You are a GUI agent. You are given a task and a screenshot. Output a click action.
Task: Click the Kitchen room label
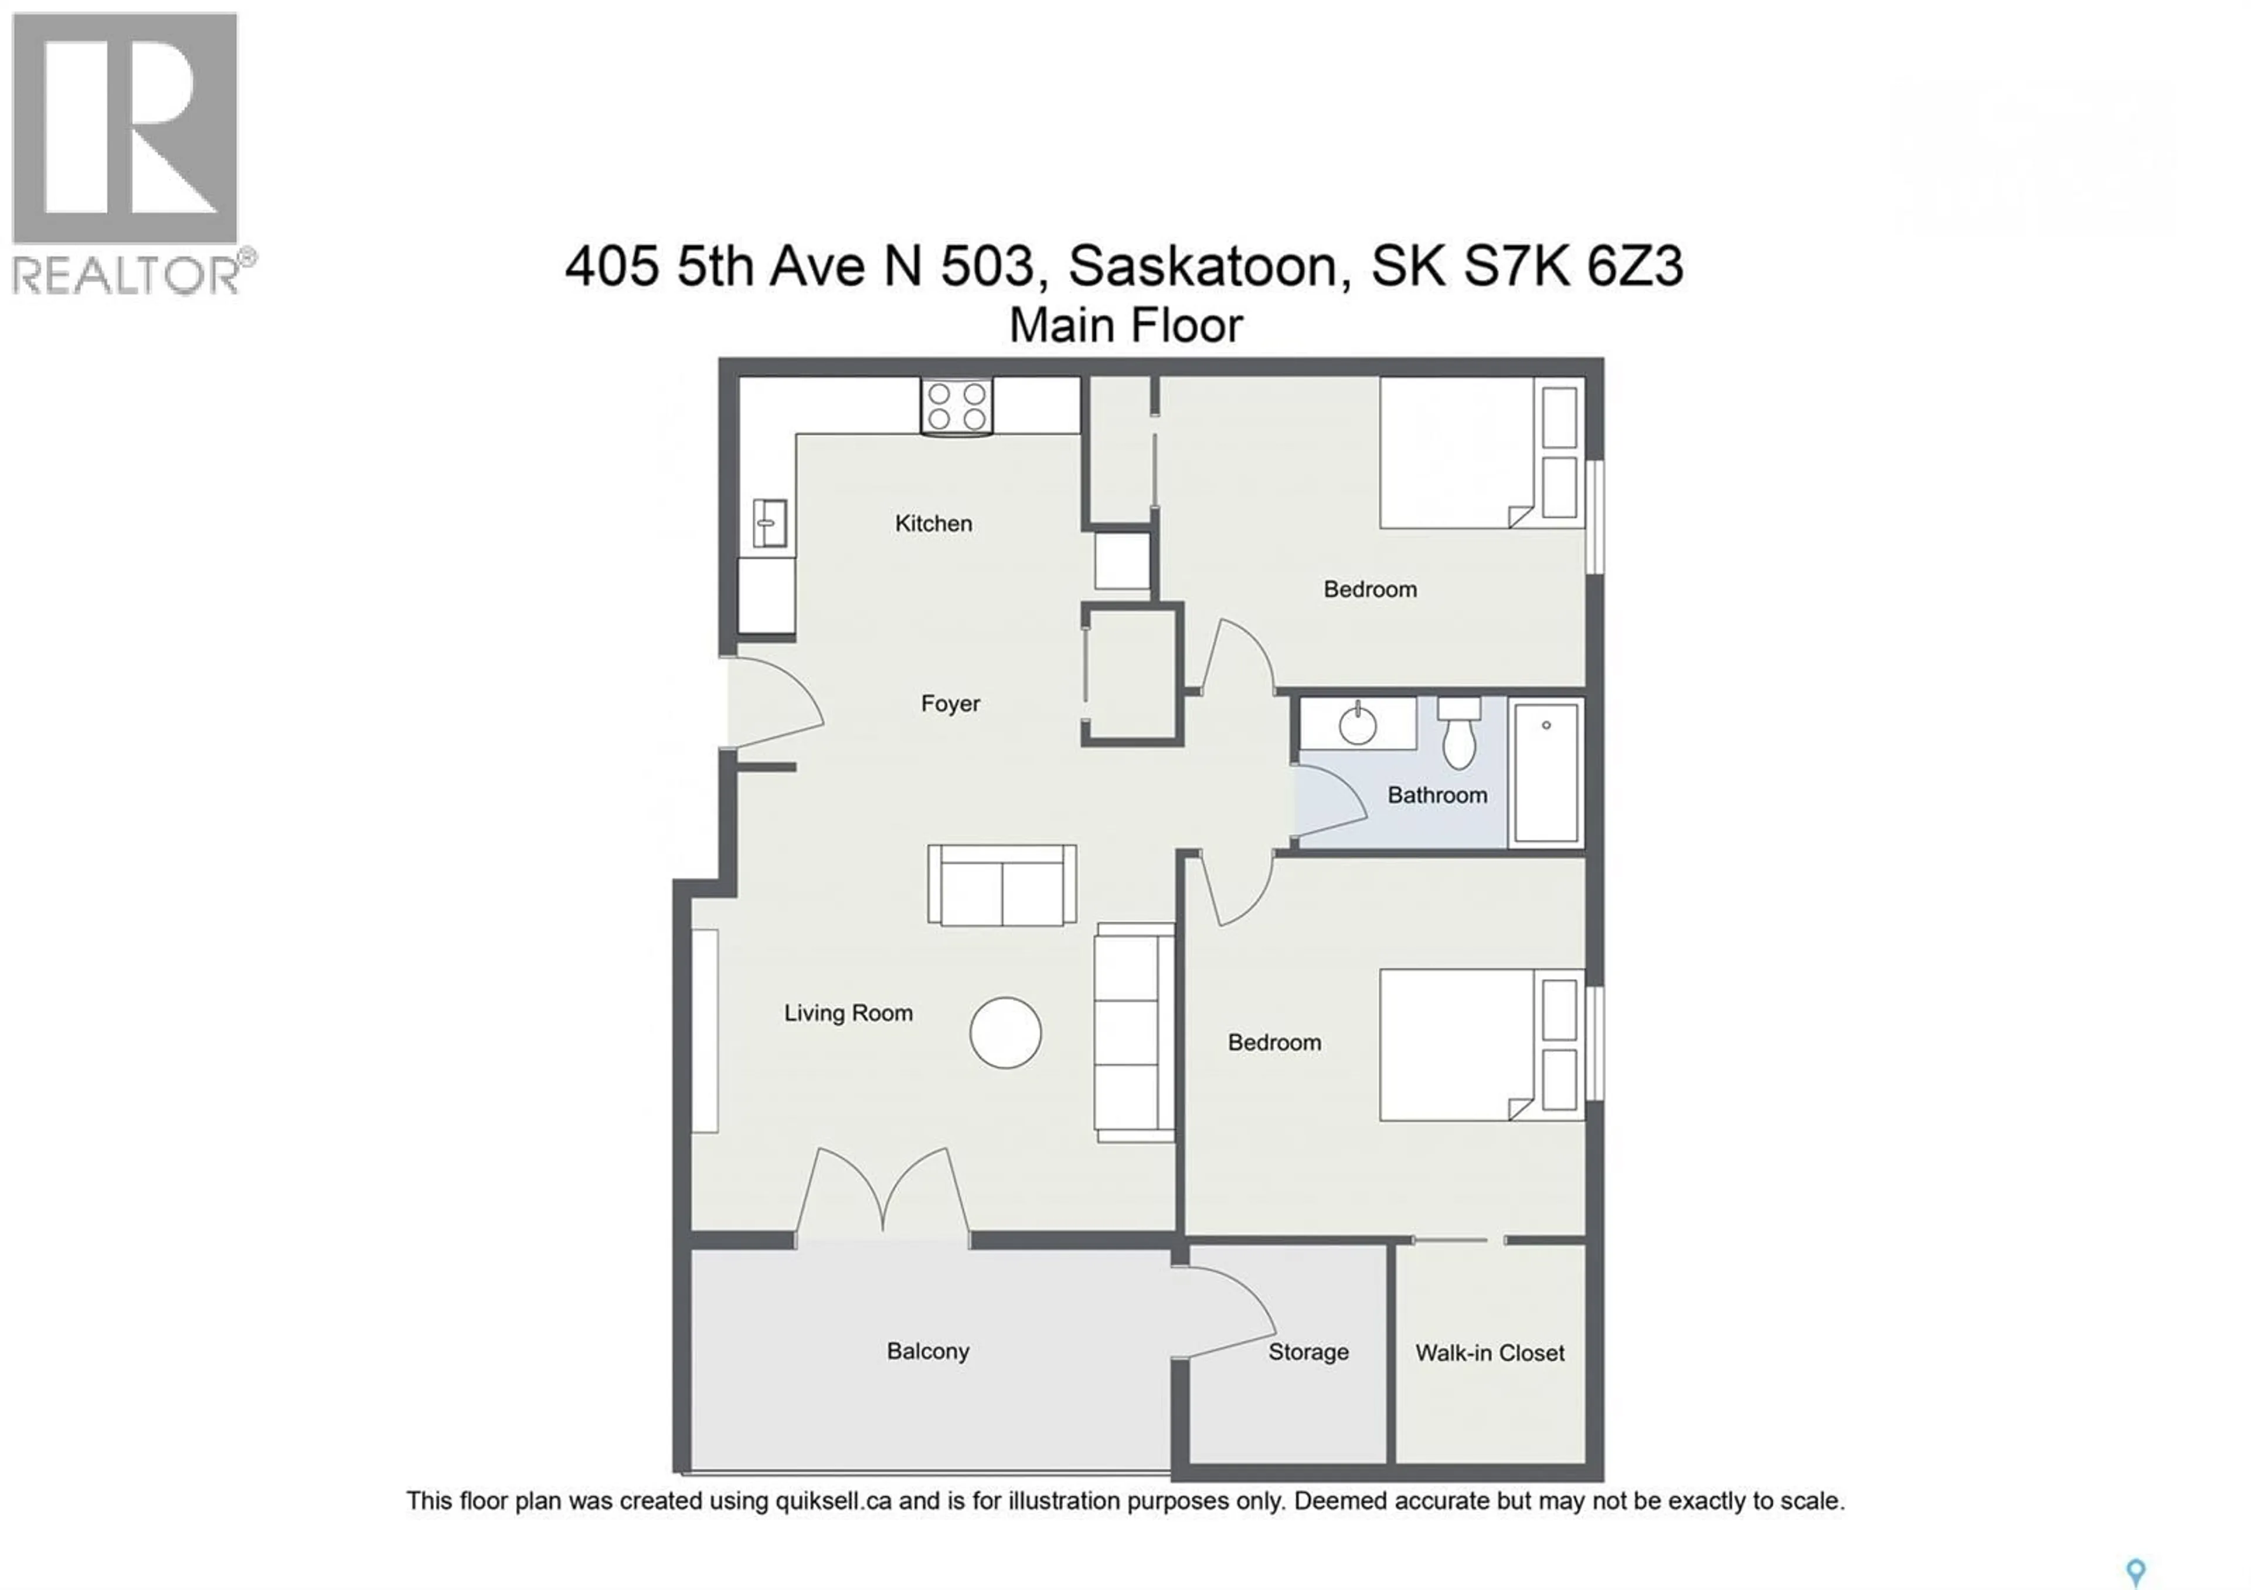(x=933, y=524)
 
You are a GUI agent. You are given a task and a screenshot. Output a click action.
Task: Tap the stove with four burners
(x=956, y=407)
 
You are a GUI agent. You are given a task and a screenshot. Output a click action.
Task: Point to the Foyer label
(x=950, y=704)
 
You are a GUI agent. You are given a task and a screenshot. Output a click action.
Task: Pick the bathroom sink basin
(x=1358, y=725)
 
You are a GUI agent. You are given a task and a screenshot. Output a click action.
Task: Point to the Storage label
(x=1308, y=1353)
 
